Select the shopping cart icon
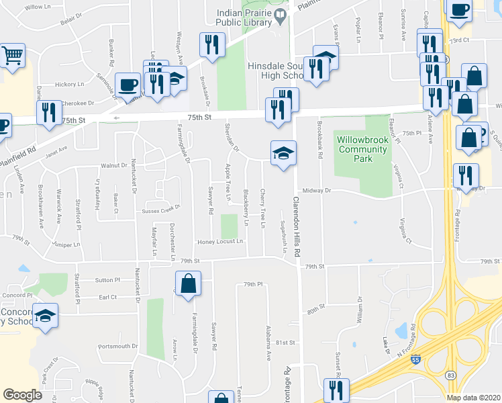point(12,56)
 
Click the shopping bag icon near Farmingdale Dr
point(189,283)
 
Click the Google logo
point(23,395)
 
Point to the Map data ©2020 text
point(473,397)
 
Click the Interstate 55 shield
point(417,361)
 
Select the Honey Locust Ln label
point(219,241)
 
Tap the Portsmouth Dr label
point(117,347)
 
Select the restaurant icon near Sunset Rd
point(336,390)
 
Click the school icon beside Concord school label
point(46,316)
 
